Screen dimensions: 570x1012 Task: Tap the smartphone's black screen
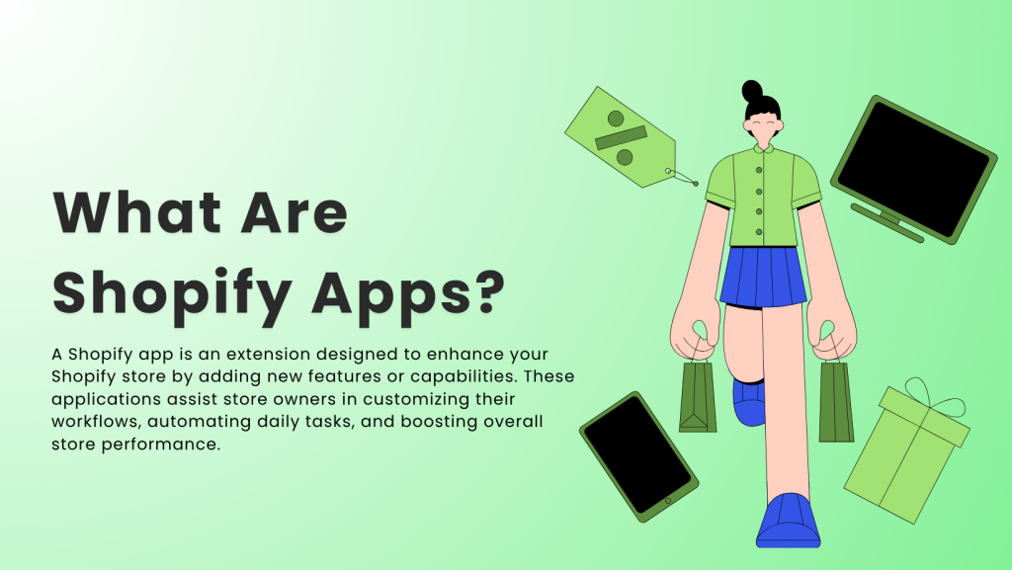[x=637, y=455]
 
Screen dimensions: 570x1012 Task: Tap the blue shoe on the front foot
[x=790, y=520]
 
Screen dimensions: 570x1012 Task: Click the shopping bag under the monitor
[x=835, y=401]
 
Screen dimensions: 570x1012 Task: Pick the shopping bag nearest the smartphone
[x=698, y=396]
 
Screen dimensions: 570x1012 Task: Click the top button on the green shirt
[x=760, y=167]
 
